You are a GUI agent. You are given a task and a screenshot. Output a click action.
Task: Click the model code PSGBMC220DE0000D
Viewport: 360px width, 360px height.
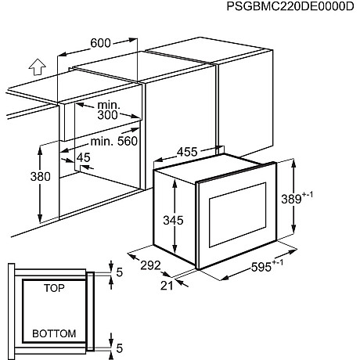pos(290,6)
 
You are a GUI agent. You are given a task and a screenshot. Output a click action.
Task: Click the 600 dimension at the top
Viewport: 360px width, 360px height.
pos(100,43)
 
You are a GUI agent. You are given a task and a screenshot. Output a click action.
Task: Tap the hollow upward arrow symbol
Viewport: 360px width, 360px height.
pos(38,67)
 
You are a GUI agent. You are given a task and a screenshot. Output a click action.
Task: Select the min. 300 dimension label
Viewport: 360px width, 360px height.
pos(108,110)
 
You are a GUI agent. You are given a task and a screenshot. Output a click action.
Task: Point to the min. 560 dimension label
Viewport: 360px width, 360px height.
pos(113,141)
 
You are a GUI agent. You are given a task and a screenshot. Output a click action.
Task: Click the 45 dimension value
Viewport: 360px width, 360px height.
pos(84,157)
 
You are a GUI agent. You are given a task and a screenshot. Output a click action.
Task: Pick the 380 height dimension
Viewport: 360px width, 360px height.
pos(40,177)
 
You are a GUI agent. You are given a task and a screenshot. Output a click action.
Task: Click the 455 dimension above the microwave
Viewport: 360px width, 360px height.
pos(187,152)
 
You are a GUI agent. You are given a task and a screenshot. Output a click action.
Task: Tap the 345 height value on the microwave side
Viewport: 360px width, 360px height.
pos(173,220)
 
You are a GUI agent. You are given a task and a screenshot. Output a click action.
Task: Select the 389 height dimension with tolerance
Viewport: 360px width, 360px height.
pos(297,198)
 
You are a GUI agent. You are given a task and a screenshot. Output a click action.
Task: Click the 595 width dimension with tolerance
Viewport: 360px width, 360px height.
pos(267,266)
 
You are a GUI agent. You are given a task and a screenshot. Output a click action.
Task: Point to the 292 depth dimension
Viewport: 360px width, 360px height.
pos(150,265)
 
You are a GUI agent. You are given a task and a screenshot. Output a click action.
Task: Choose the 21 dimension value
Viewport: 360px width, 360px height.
pos(167,286)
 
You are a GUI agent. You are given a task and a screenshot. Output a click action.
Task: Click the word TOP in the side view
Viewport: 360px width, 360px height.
pos(54,288)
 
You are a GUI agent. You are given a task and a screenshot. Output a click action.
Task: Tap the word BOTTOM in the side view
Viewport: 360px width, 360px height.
pos(54,333)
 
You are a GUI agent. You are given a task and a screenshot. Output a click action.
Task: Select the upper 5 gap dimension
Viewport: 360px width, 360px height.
pos(119,272)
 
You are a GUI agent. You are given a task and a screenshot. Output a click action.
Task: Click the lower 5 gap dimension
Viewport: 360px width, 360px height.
pos(119,348)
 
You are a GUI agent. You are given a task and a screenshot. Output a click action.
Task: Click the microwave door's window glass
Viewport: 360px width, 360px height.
pos(237,214)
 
